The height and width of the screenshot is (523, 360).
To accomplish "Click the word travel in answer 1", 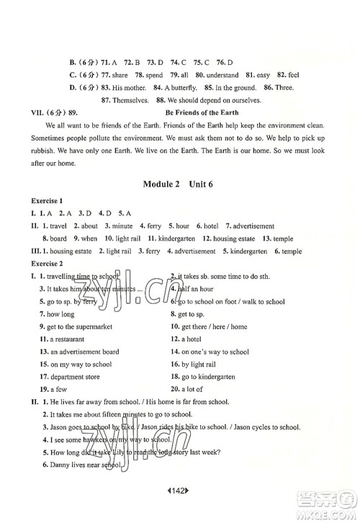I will coord(53,226).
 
